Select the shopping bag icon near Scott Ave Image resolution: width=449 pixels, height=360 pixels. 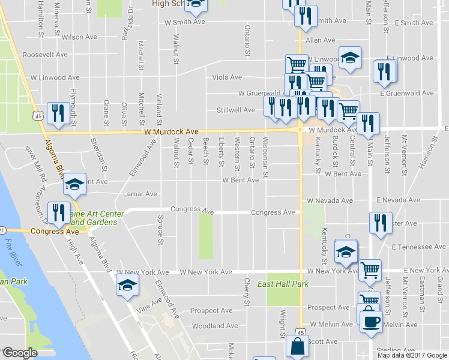click(x=298, y=347)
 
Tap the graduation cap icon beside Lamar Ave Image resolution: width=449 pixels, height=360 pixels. click(x=74, y=185)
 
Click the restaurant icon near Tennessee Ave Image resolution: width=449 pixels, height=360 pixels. click(x=380, y=222)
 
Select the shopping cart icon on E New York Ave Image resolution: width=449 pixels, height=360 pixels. click(x=370, y=270)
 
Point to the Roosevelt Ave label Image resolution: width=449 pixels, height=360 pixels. click(x=44, y=55)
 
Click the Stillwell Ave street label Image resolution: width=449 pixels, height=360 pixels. click(x=236, y=110)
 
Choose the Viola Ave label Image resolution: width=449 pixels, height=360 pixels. click(x=228, y=77)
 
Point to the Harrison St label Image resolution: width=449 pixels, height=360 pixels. click(x=430, y=152)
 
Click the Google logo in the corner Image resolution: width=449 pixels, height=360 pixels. click(x=19, y=353)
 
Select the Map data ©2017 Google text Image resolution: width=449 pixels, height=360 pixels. click(x=412, y=355)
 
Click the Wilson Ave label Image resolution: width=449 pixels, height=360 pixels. click(x=79, y=37)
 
